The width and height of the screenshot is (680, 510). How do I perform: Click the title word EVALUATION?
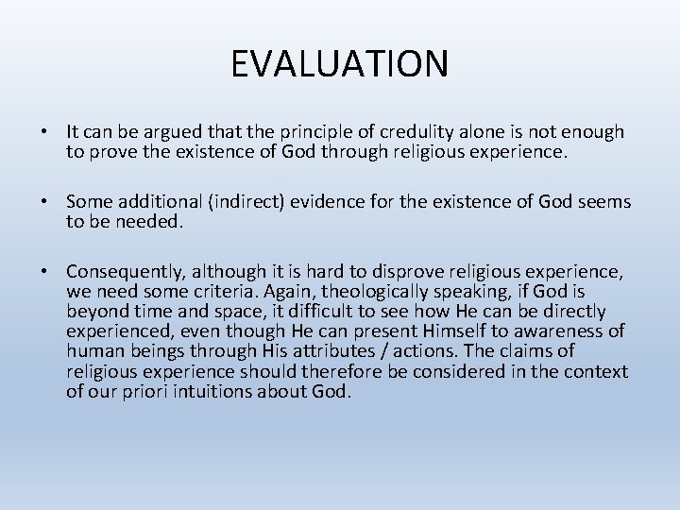click(x=340, y=63)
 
